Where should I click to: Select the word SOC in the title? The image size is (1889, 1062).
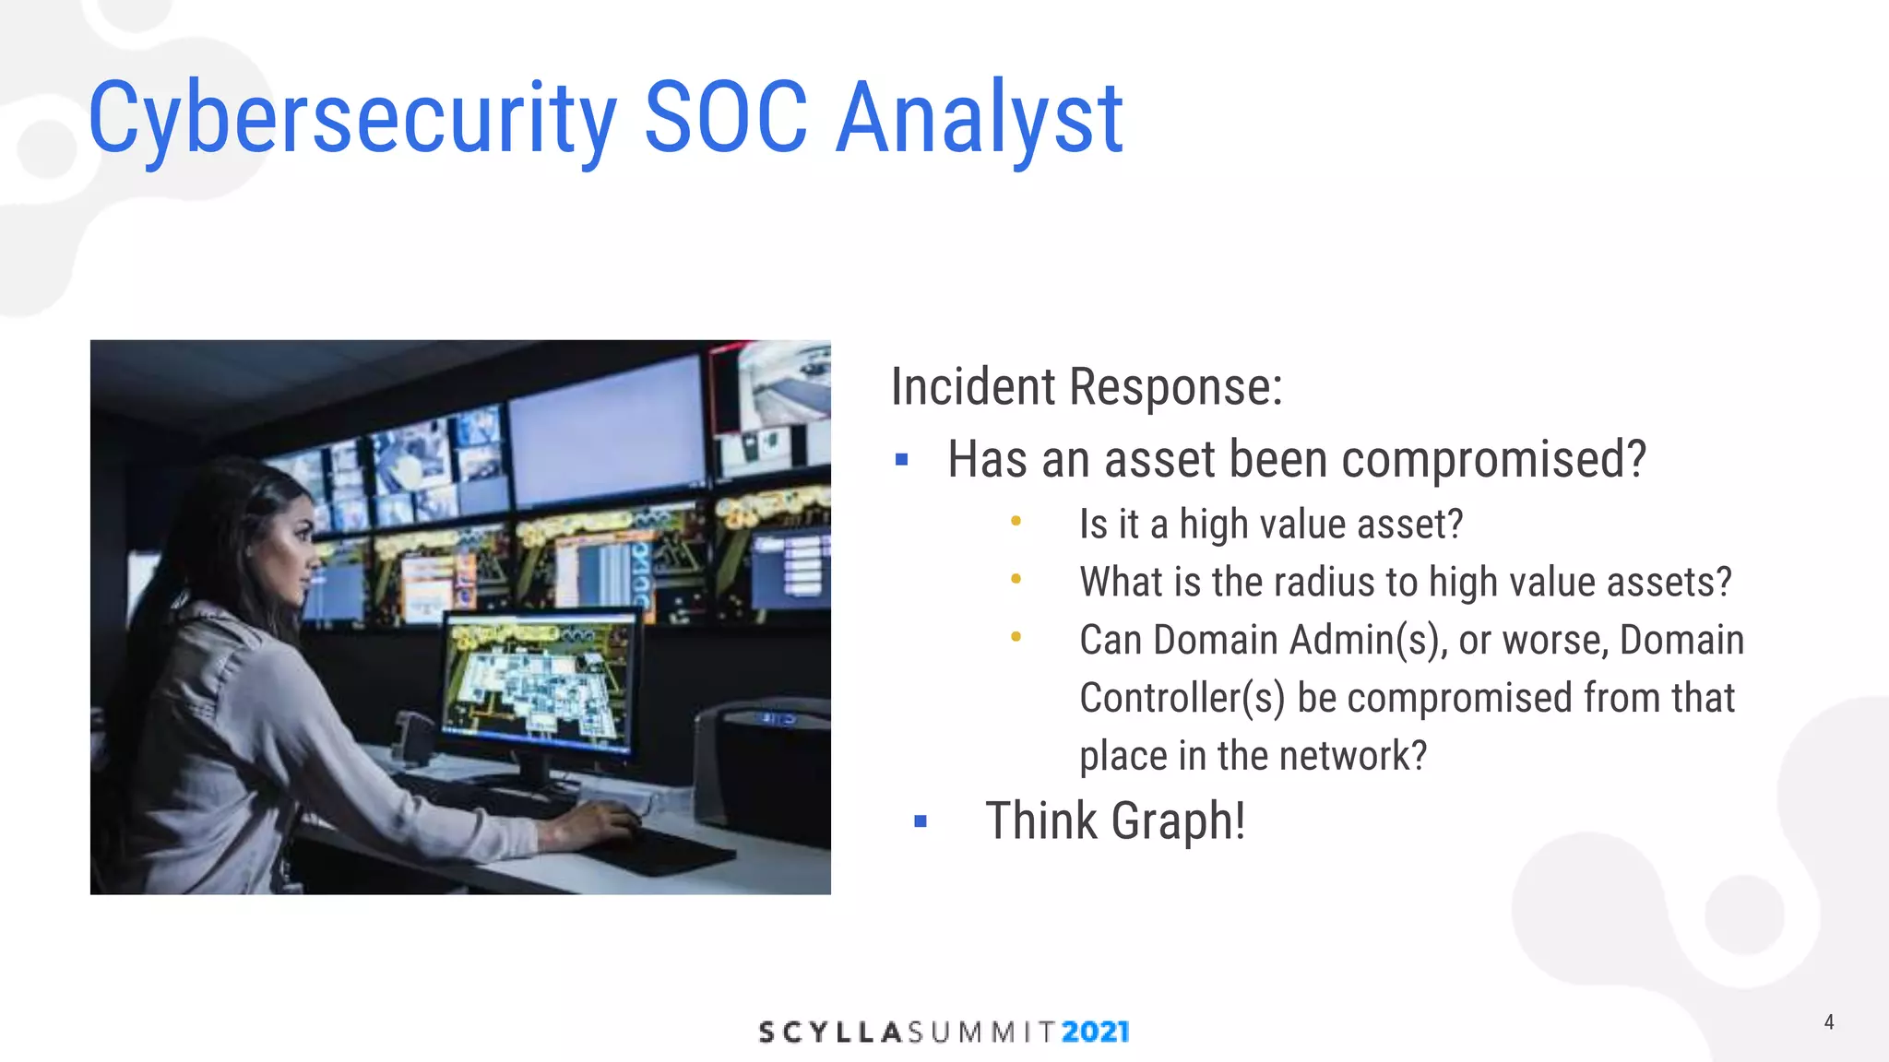coord(725,118)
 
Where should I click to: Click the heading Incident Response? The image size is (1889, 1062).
coord(1087,386)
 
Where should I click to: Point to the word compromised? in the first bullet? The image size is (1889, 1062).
coord(1493,459)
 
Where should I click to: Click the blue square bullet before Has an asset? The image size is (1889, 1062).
coord(902,459)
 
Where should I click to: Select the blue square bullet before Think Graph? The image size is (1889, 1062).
coord(920,820)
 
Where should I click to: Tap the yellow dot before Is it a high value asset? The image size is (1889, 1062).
coord(1016,522)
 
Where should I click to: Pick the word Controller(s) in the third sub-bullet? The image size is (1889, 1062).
coord(1182,698)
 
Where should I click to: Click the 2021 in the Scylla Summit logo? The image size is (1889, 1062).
coord(1095,1032)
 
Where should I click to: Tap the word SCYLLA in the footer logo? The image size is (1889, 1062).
coord(829,1032)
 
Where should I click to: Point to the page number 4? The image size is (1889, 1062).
coord(1828,1021)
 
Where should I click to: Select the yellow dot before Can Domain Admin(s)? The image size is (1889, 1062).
coord(1016,637)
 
